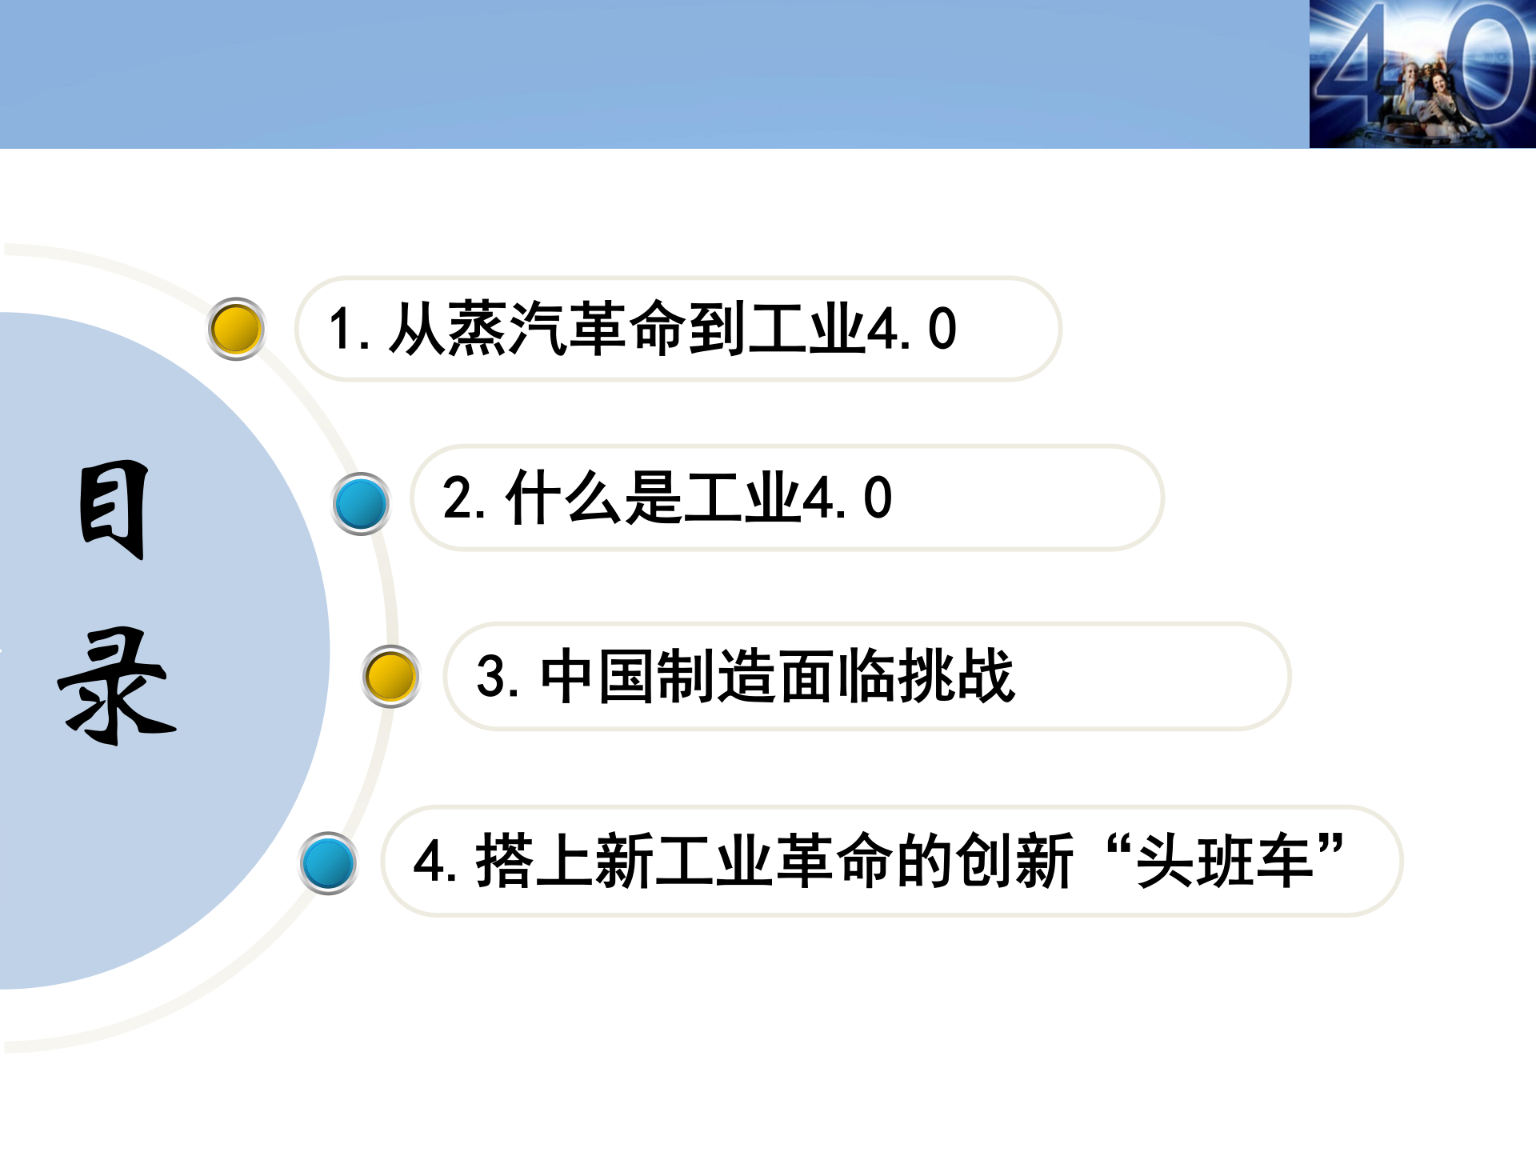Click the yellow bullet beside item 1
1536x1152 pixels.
pos(236,329)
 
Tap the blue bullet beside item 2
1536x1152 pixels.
pos(361,504)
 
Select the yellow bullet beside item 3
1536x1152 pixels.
pos(390,677)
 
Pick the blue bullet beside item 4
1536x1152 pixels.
pos(328,863)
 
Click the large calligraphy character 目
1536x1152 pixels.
pos(114,510)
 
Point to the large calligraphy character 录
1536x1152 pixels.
pos(117,686)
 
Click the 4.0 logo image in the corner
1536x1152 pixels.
pos(1422,74)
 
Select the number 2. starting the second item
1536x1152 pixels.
pos(463,498)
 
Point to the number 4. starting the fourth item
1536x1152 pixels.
pos(434,861)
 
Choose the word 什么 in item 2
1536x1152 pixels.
pos(563,498)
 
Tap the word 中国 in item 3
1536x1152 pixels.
pos(597,676)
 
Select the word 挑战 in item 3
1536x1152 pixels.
pos(957,676)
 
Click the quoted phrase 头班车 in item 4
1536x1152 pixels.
pos(1224,861)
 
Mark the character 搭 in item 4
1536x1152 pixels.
pos(505,861)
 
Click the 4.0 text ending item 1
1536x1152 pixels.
pos(911,329)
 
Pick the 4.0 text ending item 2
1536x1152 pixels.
pos(846,498)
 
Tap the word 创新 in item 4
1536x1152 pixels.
pos(1014,861)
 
